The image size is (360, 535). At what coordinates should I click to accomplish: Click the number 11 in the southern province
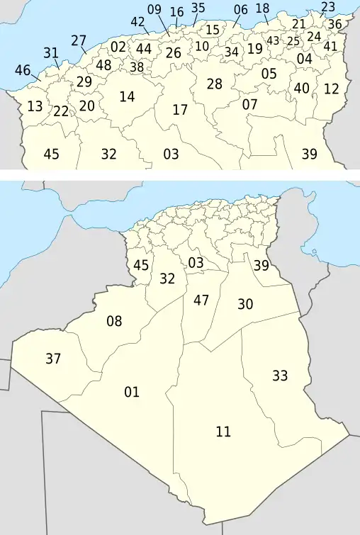coord(223,431)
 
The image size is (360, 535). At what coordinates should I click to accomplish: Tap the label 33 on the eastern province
coord(280,376)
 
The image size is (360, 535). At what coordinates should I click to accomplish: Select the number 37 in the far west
coord(53,359)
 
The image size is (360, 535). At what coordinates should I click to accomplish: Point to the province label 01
coord(132,392)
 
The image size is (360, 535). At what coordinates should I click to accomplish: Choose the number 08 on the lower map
coord(114,322)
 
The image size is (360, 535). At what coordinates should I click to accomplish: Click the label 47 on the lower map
coord(201,300)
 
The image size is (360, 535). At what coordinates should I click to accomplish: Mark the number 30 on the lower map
coord(245,304)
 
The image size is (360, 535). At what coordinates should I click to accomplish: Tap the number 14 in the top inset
coord(127,96)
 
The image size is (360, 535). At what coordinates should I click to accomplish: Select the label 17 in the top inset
coord(180,110)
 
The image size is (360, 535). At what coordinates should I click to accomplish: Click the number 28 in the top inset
coord(214,84)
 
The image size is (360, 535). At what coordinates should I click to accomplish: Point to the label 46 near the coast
coord(23,70)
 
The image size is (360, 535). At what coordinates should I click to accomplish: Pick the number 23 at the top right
coord(328,7)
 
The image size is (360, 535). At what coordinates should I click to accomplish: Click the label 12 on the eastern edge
coord(332,89)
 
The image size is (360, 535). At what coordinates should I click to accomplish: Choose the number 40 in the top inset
coord(302,88)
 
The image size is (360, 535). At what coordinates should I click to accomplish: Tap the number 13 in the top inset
coord(35,106)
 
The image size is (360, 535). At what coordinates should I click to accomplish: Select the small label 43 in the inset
coord(273,40)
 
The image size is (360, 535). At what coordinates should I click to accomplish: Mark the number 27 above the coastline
coord(79,40)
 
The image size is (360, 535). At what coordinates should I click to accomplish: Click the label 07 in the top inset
coord(249,104)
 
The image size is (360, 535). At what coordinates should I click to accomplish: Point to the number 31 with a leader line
coord(50,52)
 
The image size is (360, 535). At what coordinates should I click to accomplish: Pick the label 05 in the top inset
coord(269,73)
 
